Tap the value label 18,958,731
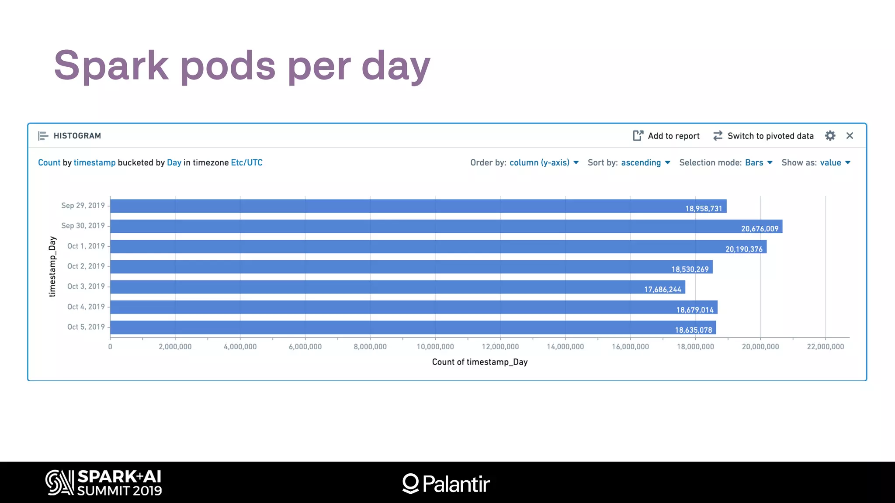coord(704,209)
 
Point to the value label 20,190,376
coord(744,249)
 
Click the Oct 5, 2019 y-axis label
coord(86,327)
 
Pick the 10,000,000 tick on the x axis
coord(435,347)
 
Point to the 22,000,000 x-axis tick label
coord(825,347)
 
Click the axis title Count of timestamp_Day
coord(479,362)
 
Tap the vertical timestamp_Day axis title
coord(52,266)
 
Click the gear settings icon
coord(830,136)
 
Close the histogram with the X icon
coord(850,136)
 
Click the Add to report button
coord(666,136)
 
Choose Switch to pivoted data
coord(763,136)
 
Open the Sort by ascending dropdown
coord(645,163)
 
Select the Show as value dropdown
coord(834,163)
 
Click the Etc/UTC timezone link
coord(246,163)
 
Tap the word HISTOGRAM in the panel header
coord(77,136)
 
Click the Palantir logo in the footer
coord(446,483)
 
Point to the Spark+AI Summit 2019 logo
coord(104,482)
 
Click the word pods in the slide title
coord(228,66)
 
